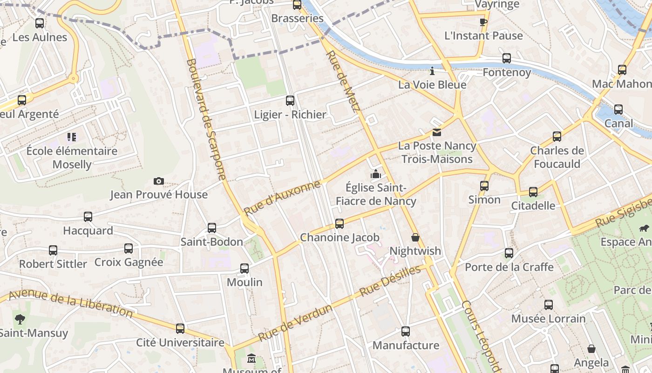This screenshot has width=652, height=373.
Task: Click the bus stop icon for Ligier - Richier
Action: click(290, 101)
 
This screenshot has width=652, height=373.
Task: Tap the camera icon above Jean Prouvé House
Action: click(159, 181)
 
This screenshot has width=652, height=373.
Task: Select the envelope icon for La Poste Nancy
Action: click(437, 132)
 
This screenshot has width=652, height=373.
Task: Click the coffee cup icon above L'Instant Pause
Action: click(483, 22)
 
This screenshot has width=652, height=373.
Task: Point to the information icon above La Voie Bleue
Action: click(432, 71)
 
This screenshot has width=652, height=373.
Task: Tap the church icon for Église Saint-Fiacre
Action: click(376, 174)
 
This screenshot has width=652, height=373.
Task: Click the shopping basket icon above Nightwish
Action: click(415, 238)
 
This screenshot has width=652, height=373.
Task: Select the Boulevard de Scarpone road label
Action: click(206, 119)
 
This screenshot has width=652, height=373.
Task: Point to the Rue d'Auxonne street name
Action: click(282, 198)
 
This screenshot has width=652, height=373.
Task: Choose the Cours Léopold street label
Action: click(481, 336)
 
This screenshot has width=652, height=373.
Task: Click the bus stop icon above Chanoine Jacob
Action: click(340, 224)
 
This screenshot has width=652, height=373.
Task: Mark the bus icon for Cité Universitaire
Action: click(180, 329)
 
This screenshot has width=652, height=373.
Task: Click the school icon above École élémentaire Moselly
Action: click(72, 137)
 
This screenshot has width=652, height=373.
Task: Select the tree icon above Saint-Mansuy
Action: click(20, 319)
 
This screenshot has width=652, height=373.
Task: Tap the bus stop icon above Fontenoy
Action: click(507, 59)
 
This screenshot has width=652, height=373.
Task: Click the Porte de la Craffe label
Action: click(509, 267)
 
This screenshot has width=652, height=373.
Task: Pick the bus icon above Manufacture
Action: click(406, 332)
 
